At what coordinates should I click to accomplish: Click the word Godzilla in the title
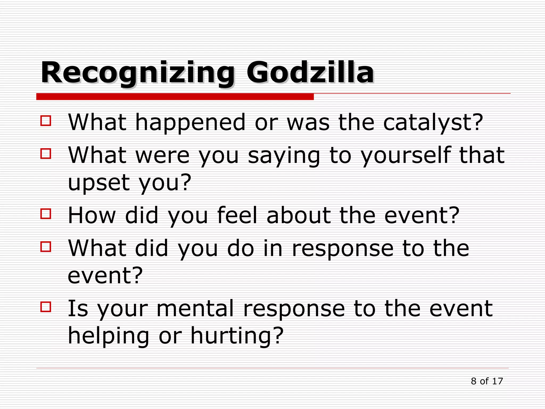(310, 72)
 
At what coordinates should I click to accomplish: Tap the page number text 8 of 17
(487, 381)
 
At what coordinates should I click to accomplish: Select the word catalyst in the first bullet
(433, 122)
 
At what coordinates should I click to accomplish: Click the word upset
(99, 183)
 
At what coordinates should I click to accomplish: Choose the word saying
(284, 156)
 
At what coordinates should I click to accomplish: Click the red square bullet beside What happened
(46, 120)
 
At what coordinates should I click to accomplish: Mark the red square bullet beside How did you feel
(46, 214)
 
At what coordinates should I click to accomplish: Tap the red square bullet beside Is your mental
(46, 306)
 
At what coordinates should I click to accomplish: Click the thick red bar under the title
(175, 97)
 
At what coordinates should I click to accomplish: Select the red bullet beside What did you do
(46, 247)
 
